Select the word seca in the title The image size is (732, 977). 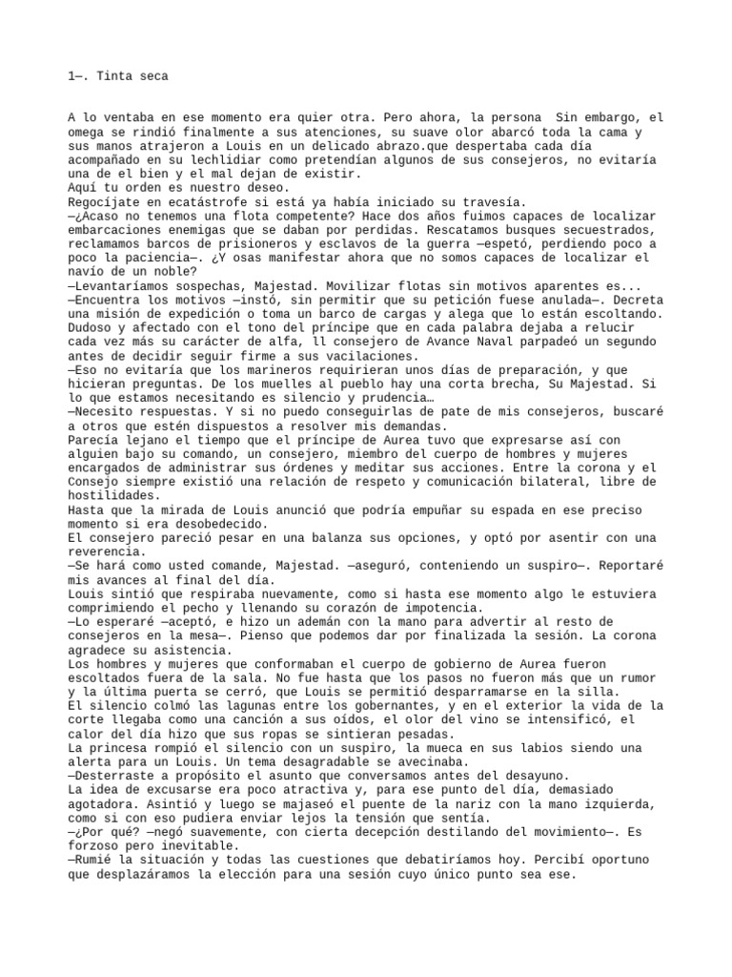tap(154, 75)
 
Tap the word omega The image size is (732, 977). tap(88, 133)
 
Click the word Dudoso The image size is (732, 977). tap(91, 327)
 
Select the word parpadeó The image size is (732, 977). tap(539, 342)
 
